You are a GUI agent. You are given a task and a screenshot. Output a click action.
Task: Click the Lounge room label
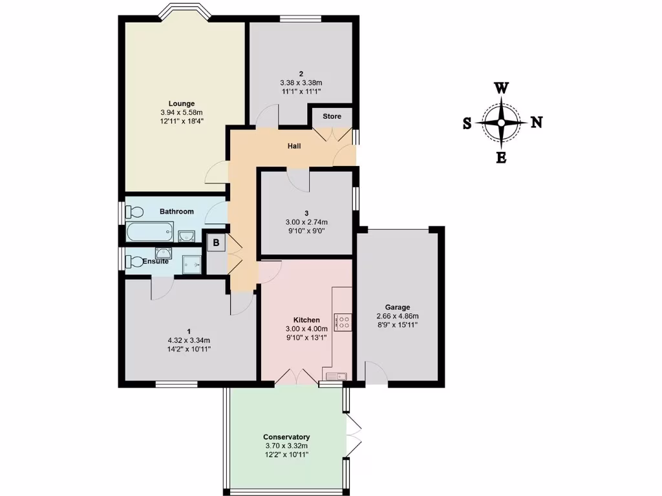coord(181,103)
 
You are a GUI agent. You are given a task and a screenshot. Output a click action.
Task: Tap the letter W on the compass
coord(501,88)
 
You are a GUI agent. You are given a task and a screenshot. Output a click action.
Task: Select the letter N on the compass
coord(536,123)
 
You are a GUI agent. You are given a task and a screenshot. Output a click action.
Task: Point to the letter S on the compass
coord(467,123)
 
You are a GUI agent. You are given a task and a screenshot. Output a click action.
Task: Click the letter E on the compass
coord(501,158)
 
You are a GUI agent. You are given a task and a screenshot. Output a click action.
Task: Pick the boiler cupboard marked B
coord(216,243)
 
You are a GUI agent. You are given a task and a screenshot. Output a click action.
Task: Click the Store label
coord(332,117)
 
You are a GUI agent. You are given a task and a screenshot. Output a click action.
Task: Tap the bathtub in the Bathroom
coord(150,231)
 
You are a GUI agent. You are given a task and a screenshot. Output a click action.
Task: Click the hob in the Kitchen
coord(343,322)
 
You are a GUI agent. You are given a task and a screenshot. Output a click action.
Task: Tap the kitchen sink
coord(336,376)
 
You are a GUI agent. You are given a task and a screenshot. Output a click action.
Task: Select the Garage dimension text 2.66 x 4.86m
coord(398,316)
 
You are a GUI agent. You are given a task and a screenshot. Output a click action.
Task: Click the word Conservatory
coord(286,437)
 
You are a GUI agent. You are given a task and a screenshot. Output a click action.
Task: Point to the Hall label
coord(294,146)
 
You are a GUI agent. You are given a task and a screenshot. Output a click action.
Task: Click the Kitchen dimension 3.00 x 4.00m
coord(306,329)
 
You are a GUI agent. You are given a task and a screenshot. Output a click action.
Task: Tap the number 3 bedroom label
coord(306,212)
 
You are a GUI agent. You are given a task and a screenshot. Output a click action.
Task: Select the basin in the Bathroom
coord(186,235)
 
